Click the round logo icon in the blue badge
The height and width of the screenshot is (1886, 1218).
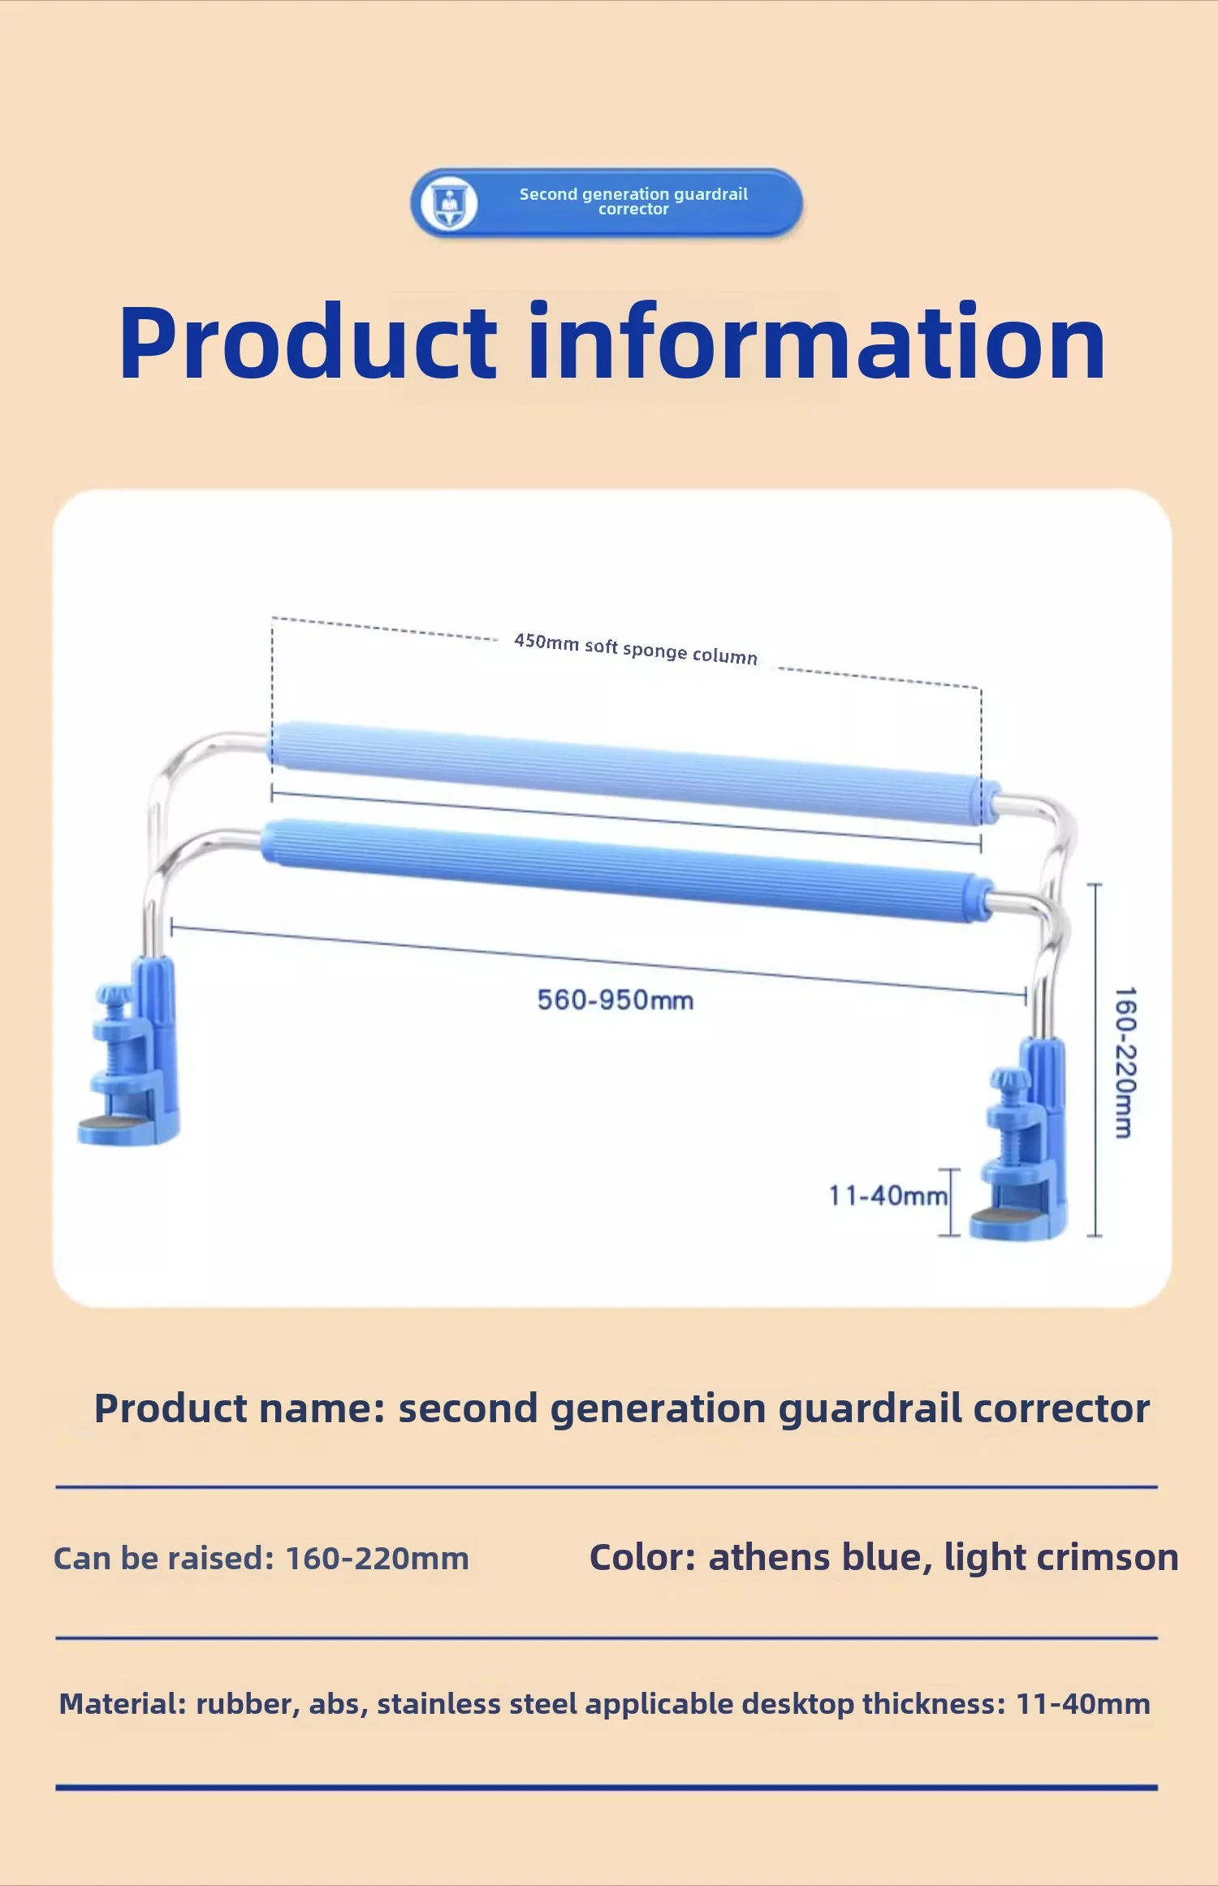[450, 203]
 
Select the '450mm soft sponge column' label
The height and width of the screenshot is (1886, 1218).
[636, 649]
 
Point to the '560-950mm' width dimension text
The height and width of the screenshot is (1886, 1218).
[615, 1000]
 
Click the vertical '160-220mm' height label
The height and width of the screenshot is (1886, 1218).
[1125, 1062]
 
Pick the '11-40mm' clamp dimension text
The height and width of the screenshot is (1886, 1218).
[888, 1196]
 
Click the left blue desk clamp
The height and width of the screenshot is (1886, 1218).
[130, 1053]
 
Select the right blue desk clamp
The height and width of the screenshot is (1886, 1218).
[1022, 1139]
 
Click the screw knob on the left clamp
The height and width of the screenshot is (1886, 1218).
[113, 994]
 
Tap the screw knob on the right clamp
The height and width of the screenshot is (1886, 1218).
[1009, 1080]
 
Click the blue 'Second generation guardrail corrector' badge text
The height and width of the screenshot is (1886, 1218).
[633, 201]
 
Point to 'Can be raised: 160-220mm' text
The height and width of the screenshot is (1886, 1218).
[261, 1559]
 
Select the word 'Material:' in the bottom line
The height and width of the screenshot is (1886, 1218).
[123, 1703]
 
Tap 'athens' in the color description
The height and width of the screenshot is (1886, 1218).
[769, 1558]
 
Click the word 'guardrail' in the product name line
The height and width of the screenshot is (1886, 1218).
[870, 1409]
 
